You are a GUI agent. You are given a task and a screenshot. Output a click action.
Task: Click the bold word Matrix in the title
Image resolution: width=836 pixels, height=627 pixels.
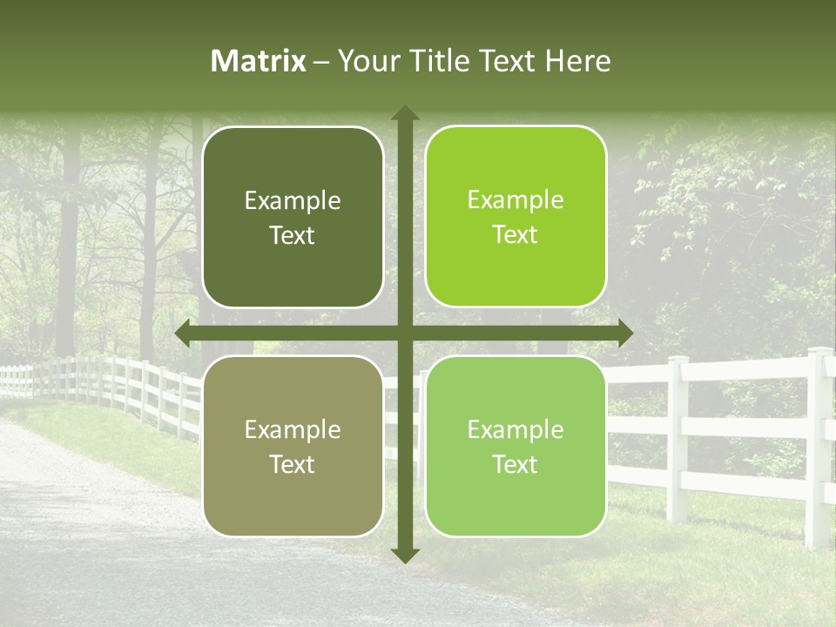coord(259,61)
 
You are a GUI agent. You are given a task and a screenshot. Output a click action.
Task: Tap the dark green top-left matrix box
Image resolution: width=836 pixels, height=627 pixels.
coord(293,217)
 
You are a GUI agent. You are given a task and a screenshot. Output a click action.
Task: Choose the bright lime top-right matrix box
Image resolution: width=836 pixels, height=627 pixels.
coord(516,217)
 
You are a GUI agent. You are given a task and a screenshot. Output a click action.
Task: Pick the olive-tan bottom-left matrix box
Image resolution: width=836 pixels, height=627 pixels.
coord(293,446)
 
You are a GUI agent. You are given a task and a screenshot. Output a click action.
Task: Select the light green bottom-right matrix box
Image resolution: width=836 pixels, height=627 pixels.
coord(516,446)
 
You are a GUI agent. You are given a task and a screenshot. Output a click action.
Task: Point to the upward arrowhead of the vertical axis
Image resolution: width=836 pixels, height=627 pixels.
coord(405,114)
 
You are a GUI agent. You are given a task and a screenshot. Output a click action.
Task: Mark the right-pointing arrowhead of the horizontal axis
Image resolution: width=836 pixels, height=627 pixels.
coord(624,333)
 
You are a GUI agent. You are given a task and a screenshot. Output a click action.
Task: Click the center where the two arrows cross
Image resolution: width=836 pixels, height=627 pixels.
coord(405,333)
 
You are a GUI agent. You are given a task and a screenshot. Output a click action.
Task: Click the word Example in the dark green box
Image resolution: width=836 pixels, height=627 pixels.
coord(293,201)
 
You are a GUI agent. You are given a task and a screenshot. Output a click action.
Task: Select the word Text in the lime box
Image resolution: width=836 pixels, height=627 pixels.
coord(516,235)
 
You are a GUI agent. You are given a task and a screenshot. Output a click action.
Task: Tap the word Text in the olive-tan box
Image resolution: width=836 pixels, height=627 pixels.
coord(293,464)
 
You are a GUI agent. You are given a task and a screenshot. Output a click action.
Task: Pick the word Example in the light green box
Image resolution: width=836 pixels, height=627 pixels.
coord(516,429)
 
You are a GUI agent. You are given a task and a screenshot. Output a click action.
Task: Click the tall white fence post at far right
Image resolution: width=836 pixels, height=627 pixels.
coord(818,444)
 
